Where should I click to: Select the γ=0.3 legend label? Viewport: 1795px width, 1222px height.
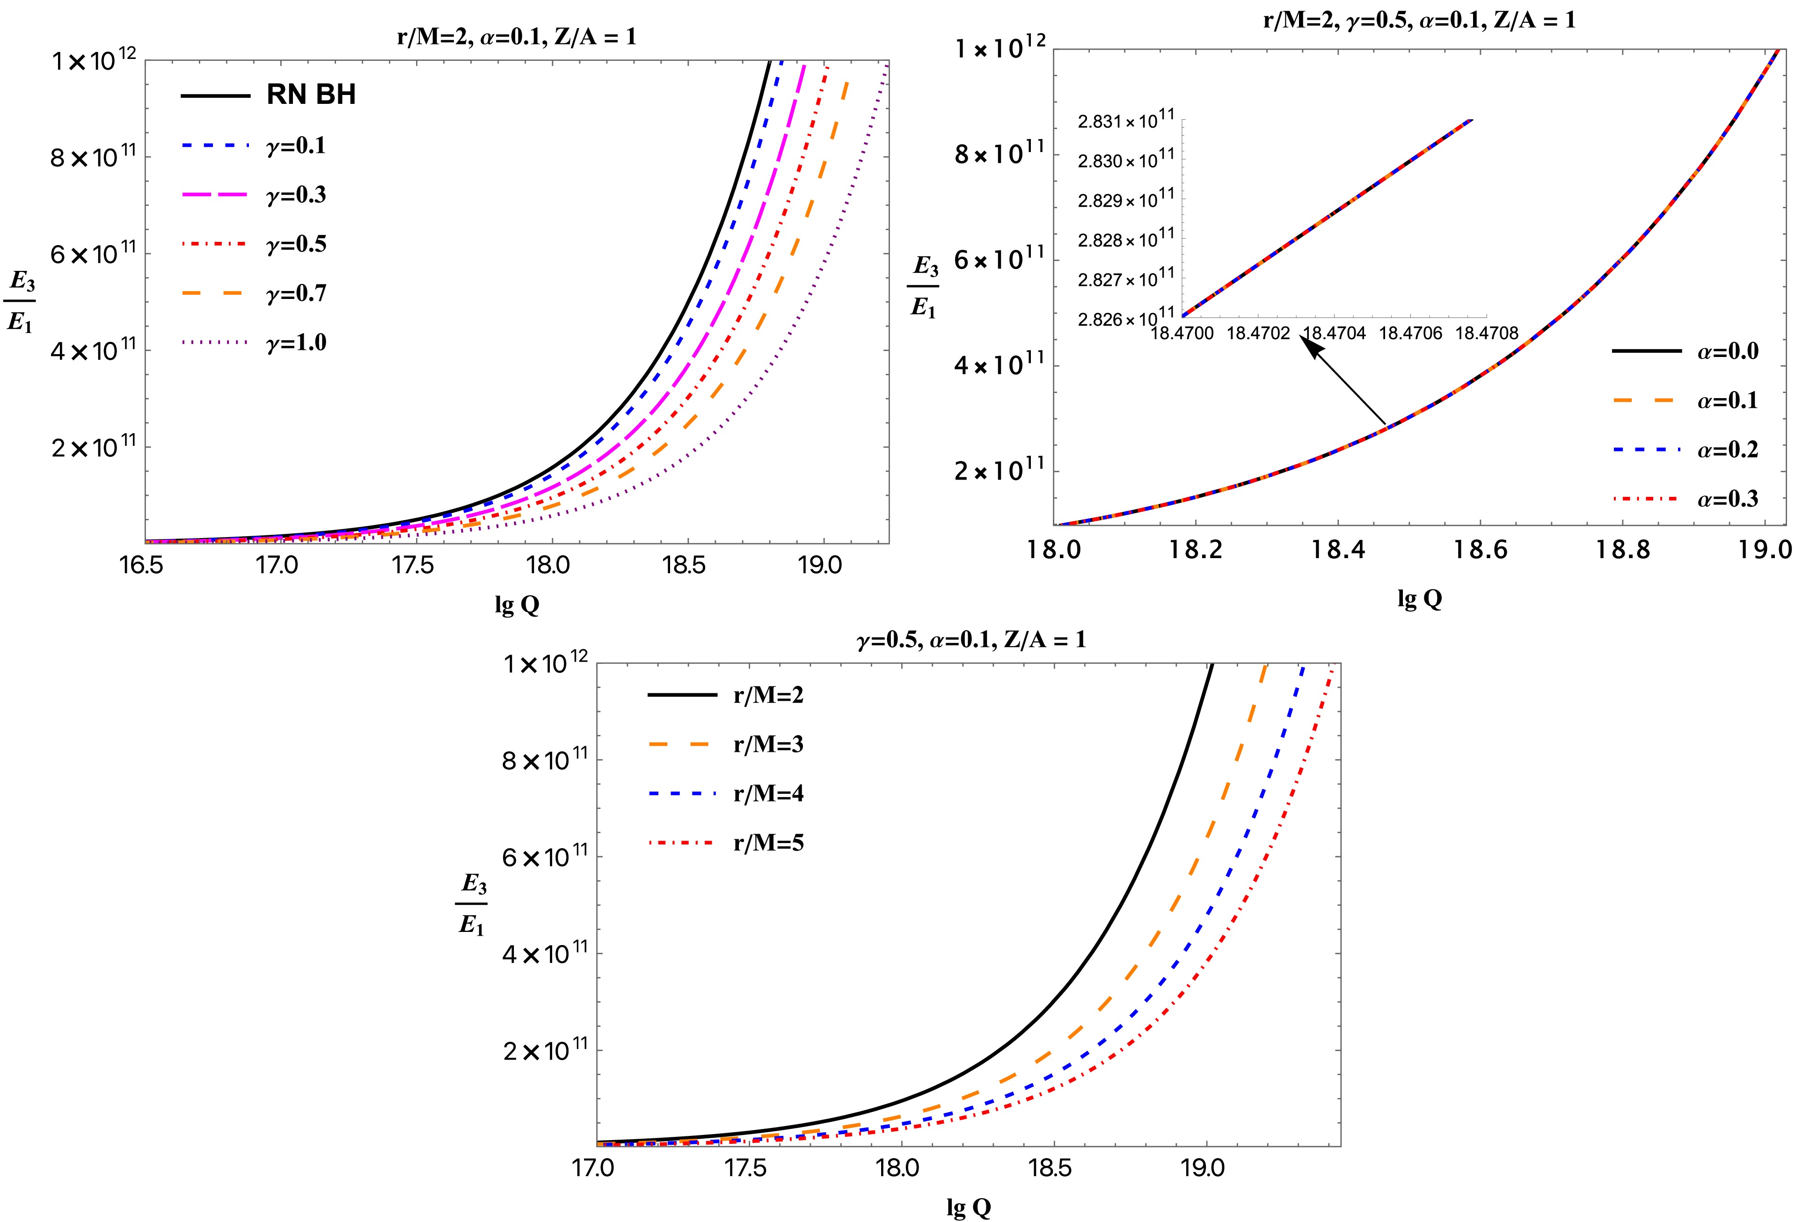click(296, 195)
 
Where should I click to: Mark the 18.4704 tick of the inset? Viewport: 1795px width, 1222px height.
click(1334, 334)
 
